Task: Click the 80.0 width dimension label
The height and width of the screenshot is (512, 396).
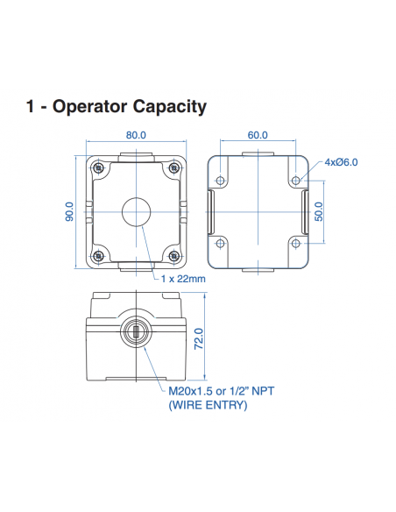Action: pyautogui.click(x=136, y=136)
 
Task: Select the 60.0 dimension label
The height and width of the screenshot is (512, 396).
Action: pyautogui.click(x=258, y=136)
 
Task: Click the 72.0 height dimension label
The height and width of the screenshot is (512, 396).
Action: pyautogui.click(x=198, y=338)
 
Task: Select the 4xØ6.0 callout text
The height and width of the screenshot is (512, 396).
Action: pyautogui.click(x=341, y=162)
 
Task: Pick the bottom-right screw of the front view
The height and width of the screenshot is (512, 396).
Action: pyautogui.click(x=174, y=256)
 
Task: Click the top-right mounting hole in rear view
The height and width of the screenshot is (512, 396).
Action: pyautogui.click(x=296, y=180)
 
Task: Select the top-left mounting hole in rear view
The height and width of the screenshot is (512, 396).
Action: pyautogui.click(x=220, y=180)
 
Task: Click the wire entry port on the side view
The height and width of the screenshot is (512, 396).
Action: pyautogui.click(x=136, y=332)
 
